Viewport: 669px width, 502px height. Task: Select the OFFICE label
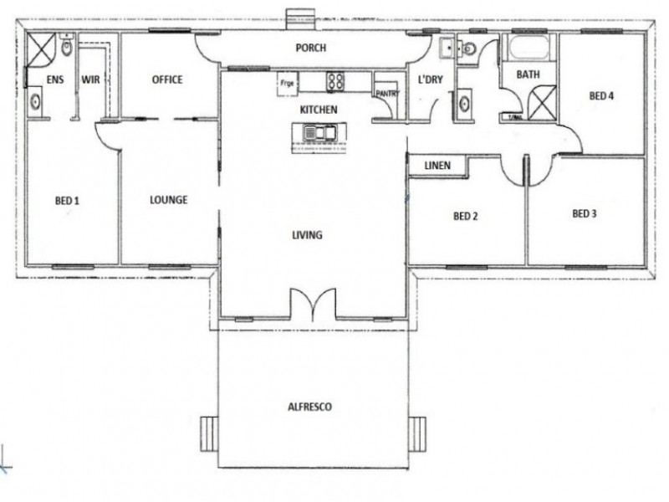[167, 80]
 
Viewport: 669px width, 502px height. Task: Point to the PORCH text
[311, 49]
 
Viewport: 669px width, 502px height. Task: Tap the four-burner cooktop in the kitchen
[336, 81]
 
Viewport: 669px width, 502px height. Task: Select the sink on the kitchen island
[319, 132]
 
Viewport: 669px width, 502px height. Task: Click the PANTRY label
[386, 94]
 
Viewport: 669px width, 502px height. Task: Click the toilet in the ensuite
[66, 48]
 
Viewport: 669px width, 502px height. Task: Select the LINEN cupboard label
[437, 166]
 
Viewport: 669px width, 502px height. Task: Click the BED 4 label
[601, 96]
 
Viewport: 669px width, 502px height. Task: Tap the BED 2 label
[465, 216]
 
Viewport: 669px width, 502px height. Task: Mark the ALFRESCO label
[311, 407]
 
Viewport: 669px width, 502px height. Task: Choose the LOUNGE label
[168, 200]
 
